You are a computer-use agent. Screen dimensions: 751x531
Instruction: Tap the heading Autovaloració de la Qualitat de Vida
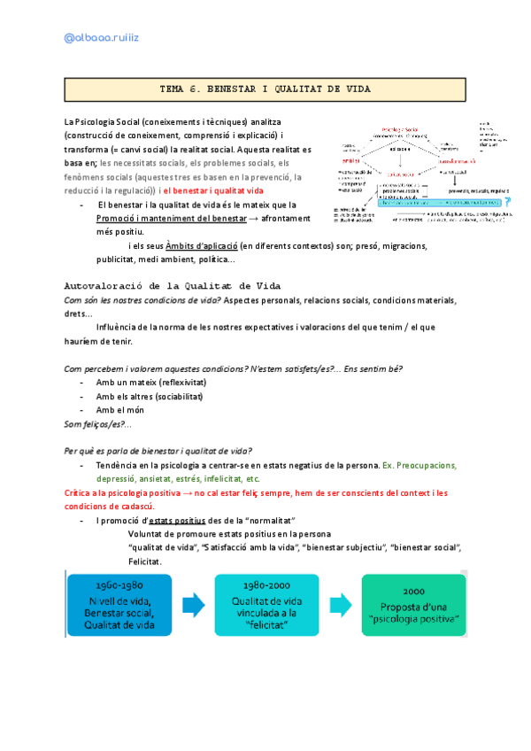tap(173, 285)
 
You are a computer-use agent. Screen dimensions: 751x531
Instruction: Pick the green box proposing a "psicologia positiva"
tap(414, 604)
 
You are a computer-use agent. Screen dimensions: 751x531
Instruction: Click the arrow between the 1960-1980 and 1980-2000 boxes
tap(193, 606)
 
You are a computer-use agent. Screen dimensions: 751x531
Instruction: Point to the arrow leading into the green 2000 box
tap(341, 606)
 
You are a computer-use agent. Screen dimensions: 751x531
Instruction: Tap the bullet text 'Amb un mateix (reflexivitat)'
tap(151, 382)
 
